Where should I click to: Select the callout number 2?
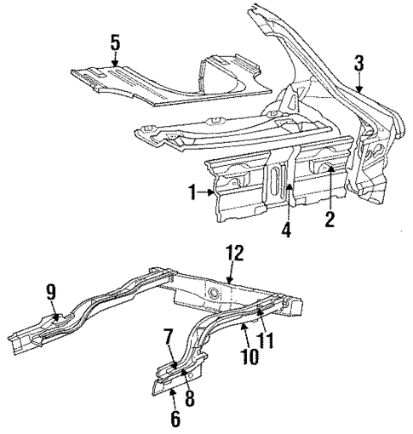[x=328, y=219]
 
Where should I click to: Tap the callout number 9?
[x=51, y=293]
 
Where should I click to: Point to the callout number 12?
[x=233, y=253]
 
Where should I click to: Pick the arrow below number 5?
[x=116, y=60]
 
